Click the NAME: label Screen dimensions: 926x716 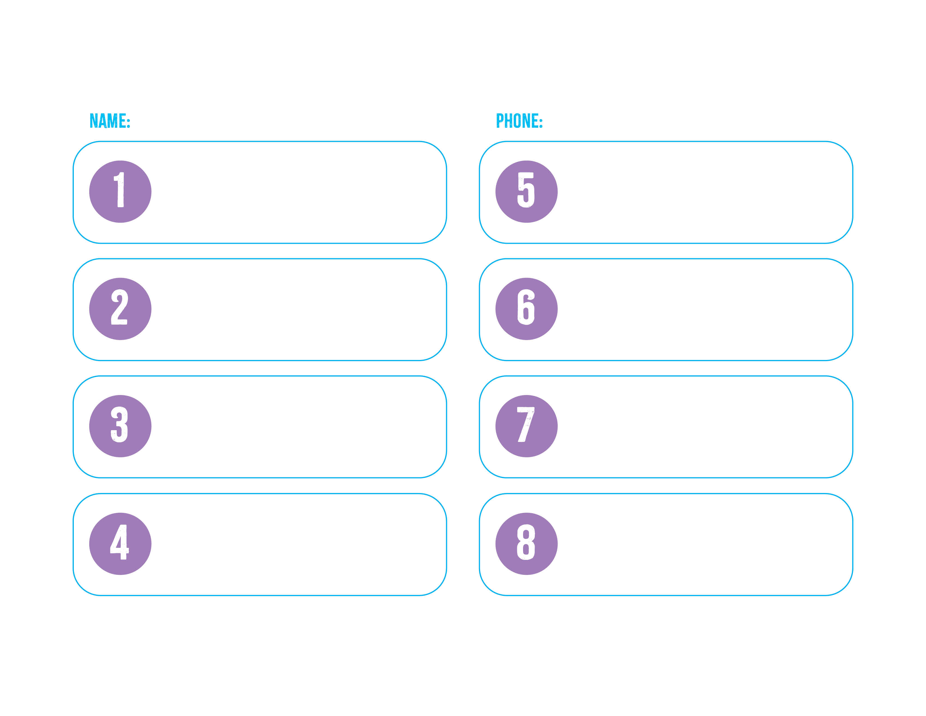110,121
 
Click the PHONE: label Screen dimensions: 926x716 519,121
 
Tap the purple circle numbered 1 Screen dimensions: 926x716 120,192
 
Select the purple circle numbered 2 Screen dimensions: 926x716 120,309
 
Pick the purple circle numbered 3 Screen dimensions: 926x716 120,426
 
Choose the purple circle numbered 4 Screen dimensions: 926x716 120,544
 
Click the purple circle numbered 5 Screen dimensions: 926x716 527,192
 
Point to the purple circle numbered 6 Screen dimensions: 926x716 527,309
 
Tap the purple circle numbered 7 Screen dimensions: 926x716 527,426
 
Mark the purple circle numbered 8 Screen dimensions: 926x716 527,544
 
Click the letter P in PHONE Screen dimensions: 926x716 500,121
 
